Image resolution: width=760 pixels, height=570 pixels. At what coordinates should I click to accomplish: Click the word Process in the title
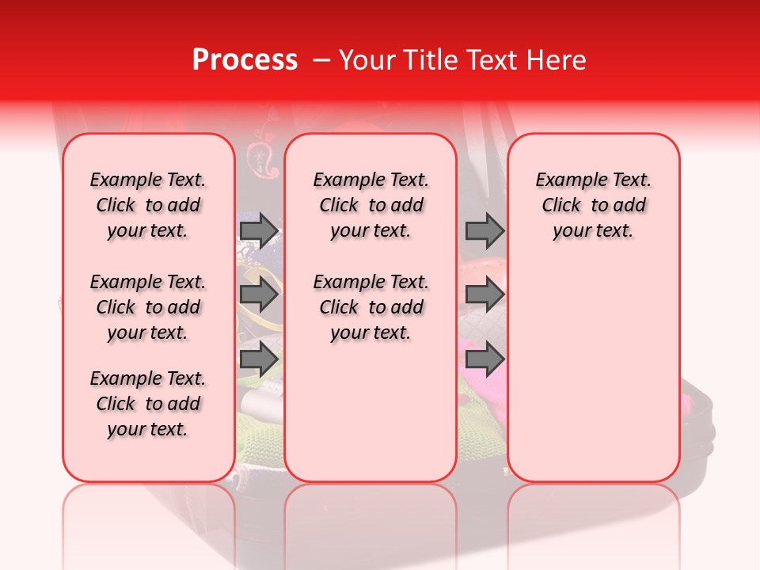point(244,60)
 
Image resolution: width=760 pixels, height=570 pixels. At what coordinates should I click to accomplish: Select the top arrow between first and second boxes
point(259,230)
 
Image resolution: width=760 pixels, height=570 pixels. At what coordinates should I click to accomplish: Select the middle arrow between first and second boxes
point(259,294)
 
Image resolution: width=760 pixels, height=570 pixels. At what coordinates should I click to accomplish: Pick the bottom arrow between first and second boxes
point(259,359)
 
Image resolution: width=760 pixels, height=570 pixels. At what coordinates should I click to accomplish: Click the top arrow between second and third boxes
point(484,230)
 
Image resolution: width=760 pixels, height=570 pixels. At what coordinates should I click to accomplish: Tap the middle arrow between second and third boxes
point(484,294)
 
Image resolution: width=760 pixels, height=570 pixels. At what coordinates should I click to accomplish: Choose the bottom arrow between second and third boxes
point(484,359)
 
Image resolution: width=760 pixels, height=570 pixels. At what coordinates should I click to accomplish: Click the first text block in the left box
point(148,205)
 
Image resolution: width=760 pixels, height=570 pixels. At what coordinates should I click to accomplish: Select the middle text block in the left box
point(148,307)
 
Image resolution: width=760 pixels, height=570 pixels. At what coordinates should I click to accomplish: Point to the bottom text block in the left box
point(148,404)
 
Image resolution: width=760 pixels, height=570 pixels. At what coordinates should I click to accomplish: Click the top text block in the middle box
point(370,205)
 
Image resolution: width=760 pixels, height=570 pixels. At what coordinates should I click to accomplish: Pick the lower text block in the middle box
point(370,307)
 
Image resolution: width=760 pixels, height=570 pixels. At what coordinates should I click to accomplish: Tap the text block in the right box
point(593,205)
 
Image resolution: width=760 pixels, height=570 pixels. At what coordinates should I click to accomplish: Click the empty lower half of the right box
point(593,380)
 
